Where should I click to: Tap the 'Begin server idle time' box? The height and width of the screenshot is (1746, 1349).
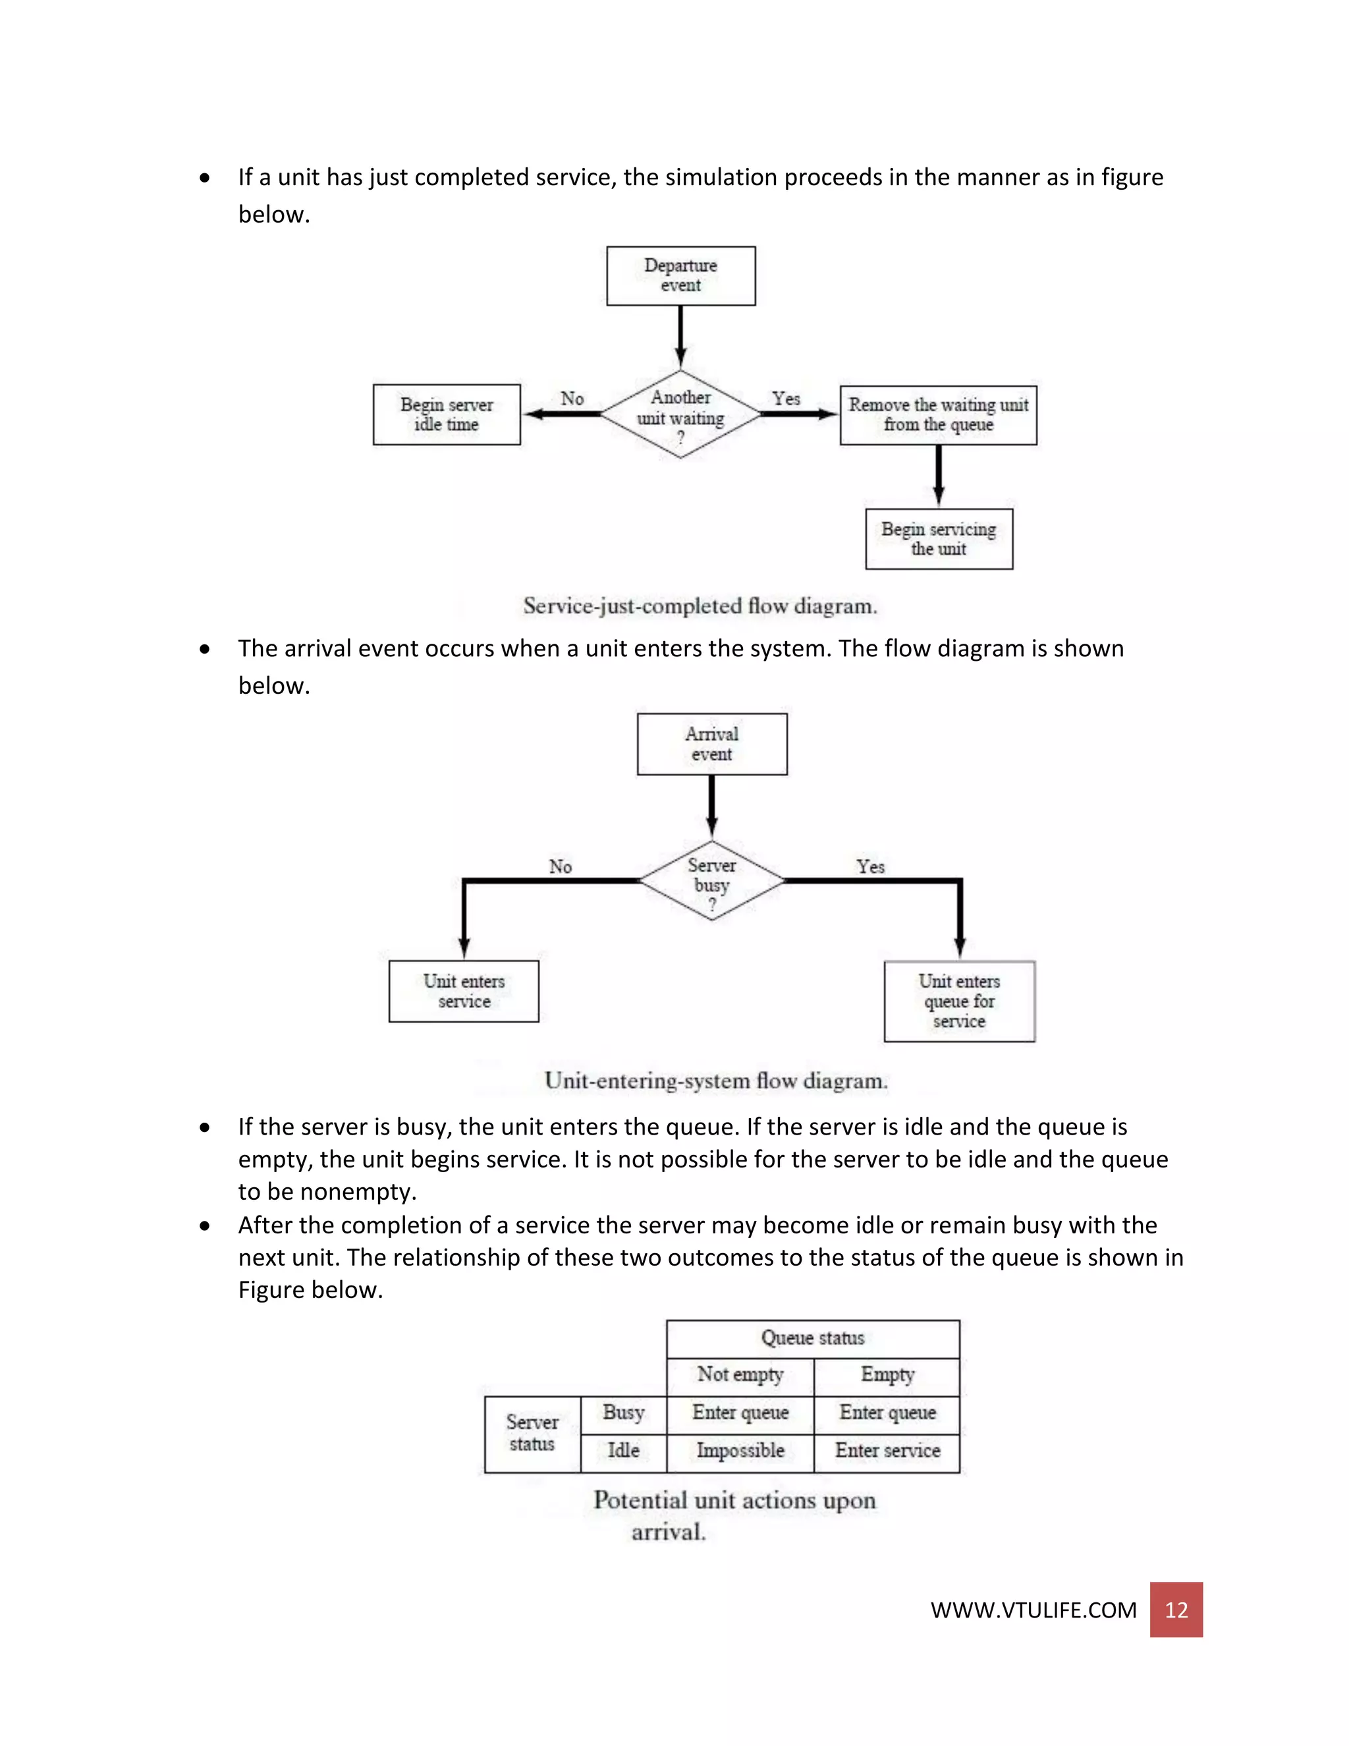click(446, 414)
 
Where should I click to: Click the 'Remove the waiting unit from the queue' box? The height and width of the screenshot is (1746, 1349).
click(938, 415)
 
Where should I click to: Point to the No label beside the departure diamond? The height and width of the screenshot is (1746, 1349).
click(572, 398)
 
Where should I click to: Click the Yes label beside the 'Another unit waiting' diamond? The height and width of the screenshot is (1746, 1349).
click(786, 398)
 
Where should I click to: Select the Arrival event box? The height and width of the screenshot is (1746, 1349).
click(711, 743)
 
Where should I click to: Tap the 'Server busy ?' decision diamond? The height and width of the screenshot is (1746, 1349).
click(711, 880)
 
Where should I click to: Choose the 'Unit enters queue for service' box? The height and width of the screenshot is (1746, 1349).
click(959, 1001)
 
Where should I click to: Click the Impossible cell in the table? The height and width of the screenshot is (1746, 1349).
click(740, 1450)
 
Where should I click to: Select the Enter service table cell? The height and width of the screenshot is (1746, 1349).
click(887, 1450)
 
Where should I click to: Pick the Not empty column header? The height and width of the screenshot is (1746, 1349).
click(740, 1374)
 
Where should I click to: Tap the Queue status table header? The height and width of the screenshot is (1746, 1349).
click(812, 1338)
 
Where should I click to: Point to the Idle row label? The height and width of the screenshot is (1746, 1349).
click(623, 1450)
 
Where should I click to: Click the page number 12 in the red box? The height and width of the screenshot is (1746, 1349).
click(1176, 1610)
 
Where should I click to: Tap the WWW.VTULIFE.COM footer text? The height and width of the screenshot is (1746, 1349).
click(1033, 1610)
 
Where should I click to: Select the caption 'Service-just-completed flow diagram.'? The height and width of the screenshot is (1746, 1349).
click(700, 606)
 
